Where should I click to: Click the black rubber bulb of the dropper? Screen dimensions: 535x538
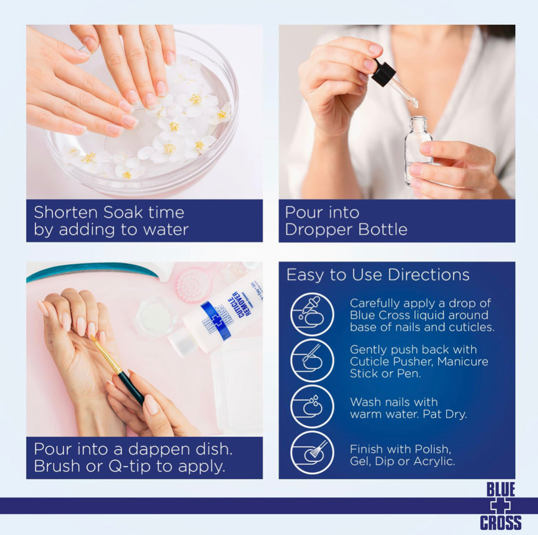pyautogui.click(x=383, y=74)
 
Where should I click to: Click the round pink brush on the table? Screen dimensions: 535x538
pyautogui.click(x=194, y=285)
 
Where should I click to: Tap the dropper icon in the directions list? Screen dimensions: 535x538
pyautogui.click(x=312, y=314)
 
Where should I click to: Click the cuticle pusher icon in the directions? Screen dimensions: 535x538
pyautogui.click(x=312, y=360)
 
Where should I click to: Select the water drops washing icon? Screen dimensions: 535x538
pyautogui.click(x=312, y=406)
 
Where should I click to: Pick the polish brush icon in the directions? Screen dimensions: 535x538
pyautogui.click(x=312, y=452)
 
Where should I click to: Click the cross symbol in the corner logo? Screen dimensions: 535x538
pyautogui.click(x=501, y=506)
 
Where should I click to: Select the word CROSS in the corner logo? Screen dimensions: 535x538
pyautogui.click(x=501, y=522)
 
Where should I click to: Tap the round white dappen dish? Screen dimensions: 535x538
pyautogui.click(x=156, y=316)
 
